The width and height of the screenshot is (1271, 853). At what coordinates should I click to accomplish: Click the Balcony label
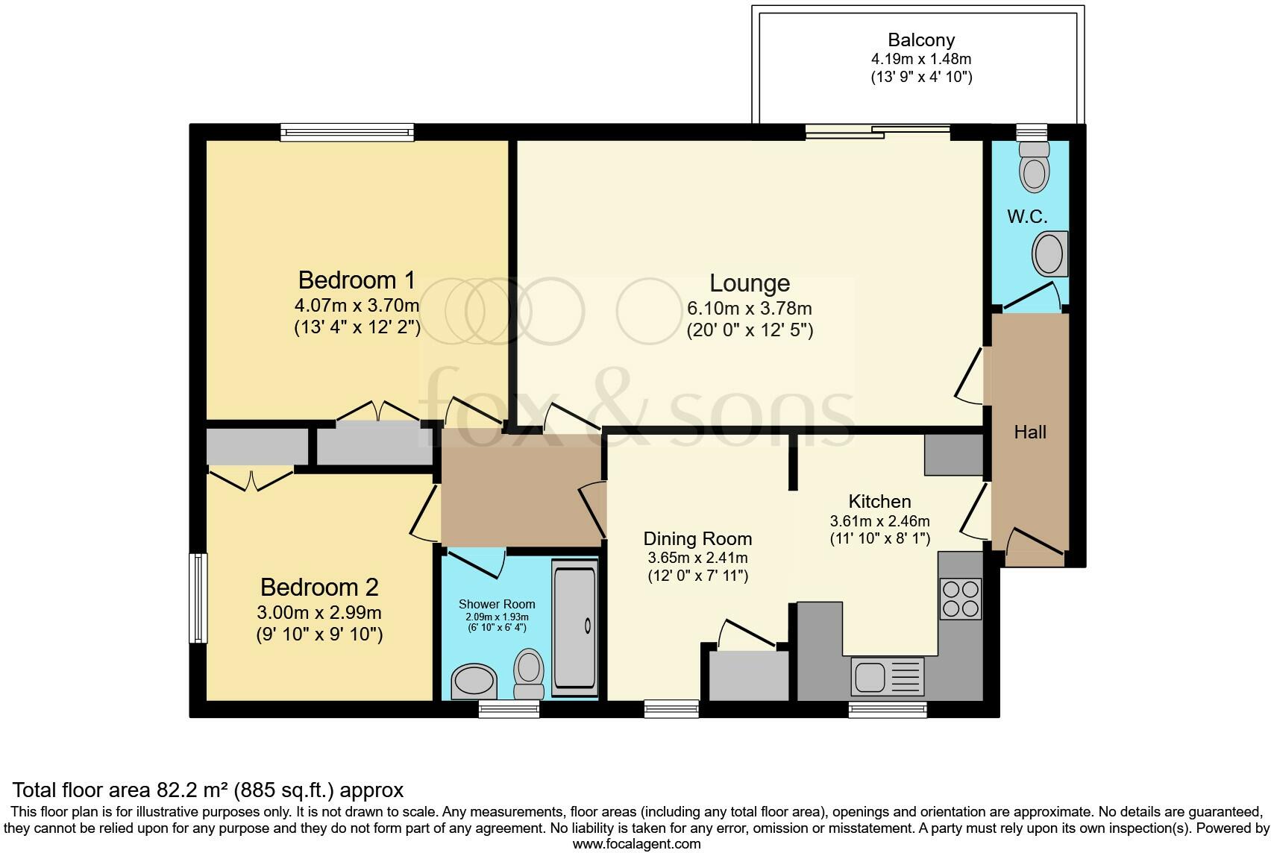coord(921,40)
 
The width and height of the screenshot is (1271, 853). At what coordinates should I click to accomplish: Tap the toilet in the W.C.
coord(1034,166)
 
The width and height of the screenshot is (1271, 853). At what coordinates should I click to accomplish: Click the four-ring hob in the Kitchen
coord(960,599)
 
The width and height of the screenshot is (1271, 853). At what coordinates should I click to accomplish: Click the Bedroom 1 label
coord(357,280)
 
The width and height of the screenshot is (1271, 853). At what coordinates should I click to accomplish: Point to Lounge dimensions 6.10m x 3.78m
coord(749,308)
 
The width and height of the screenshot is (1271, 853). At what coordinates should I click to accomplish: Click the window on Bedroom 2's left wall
coord(198,597)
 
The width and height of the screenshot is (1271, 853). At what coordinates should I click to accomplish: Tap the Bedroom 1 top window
coord(347,133)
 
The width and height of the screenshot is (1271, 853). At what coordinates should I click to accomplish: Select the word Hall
coord(1029,432)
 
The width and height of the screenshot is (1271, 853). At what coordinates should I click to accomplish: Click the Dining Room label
coord(697,538)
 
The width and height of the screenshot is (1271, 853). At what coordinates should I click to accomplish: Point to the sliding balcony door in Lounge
coord(877,133)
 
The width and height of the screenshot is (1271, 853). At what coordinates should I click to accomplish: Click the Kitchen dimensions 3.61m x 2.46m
coord(879,521)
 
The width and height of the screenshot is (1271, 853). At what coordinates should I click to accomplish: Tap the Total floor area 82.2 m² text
coord(208,790)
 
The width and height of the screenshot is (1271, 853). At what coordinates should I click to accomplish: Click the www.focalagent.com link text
coord(636,844)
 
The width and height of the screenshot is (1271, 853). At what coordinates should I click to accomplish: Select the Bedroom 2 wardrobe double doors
coord(251,479)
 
